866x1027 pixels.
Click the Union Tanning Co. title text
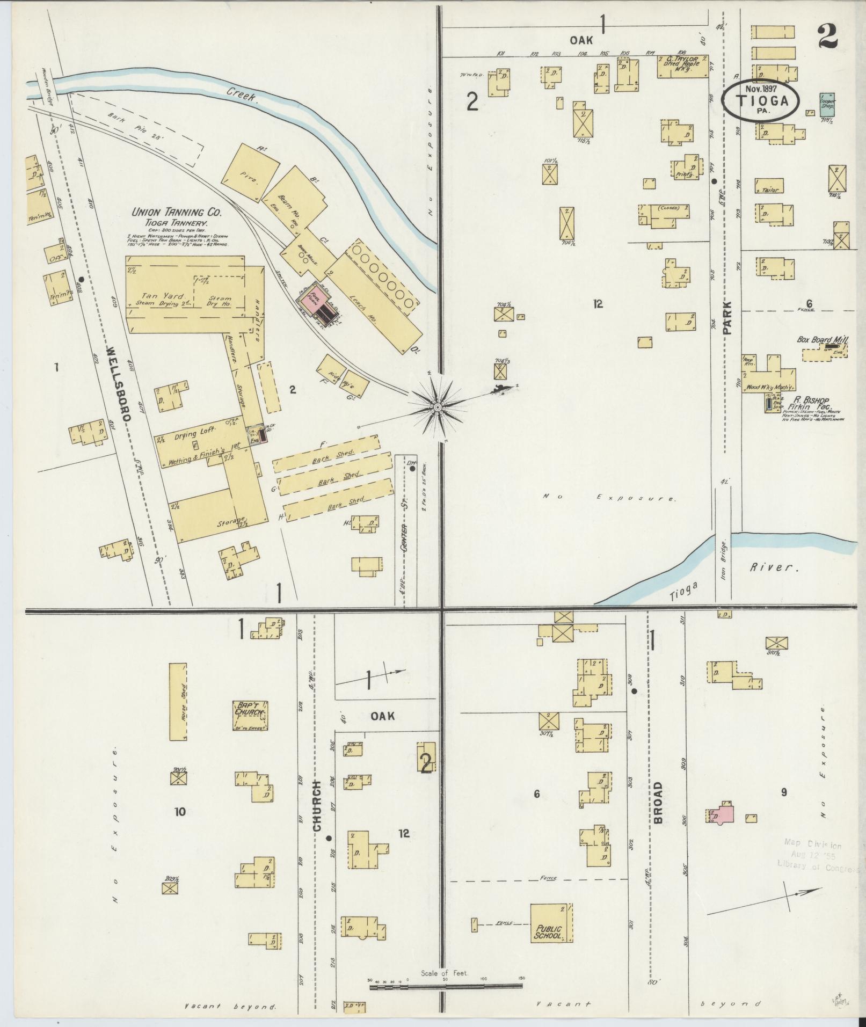tap(177, 212)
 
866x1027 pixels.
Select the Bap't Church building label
tap(250, 712)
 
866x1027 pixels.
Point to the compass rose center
tap(438, 408)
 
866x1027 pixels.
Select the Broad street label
tap(658, 803)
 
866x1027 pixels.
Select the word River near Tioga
tap(773, 567)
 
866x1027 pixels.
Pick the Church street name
tap(317, 814)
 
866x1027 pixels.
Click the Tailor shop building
tap(769, 186)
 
